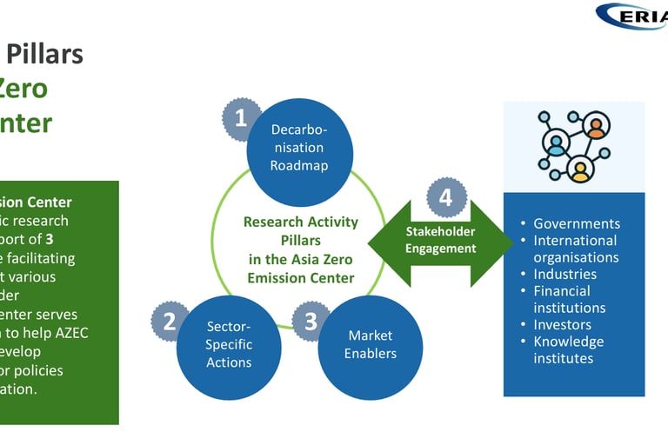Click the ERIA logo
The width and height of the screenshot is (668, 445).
[x=632, y=17]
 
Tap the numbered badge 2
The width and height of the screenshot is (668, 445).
[x=170, y=322]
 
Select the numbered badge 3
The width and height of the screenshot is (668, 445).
[x=311, y=322]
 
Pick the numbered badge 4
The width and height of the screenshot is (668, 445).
[x=445, y=197]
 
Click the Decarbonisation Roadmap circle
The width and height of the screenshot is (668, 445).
[x=298, y=148]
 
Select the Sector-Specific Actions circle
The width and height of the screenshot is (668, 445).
[x=229, y=344]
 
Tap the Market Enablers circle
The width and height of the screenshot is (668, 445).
[x=371, y=344]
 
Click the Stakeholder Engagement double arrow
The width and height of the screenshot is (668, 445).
[x=441, y=241]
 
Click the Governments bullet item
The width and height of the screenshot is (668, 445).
[x=576, y=223]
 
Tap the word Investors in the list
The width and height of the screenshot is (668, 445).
[x=563, y=324]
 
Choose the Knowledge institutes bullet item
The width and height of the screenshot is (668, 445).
[x=568, y=349]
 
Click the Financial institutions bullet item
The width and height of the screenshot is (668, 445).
[x=568, y=299]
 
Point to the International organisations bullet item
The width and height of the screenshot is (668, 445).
[x=575, y=249]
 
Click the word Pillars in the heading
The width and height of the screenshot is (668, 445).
[x=45, y=54]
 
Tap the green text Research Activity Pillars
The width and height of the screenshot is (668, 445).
[x=300, y=230]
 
